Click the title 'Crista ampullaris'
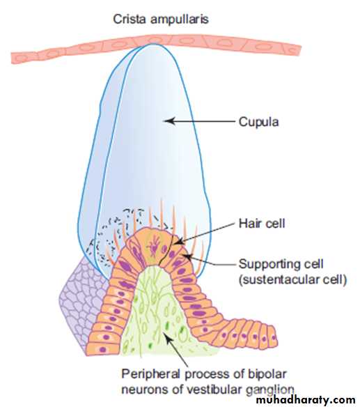[x=161, y=19]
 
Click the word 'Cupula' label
[x=258, y=122]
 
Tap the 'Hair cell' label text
[x=262, y=224]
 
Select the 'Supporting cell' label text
[x=281, y=264]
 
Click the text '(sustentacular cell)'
[x=293, y=279]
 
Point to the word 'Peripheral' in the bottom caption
[x=150, y=374]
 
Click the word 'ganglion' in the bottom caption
[x=270, y=389]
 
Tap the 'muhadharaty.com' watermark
[x=306, y=400]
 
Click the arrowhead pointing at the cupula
[x=169, y=121]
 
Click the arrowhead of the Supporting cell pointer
[x=187, y=256]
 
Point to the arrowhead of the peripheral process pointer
[x=168, y=338]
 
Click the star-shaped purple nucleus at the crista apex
[x=154, y=245]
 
